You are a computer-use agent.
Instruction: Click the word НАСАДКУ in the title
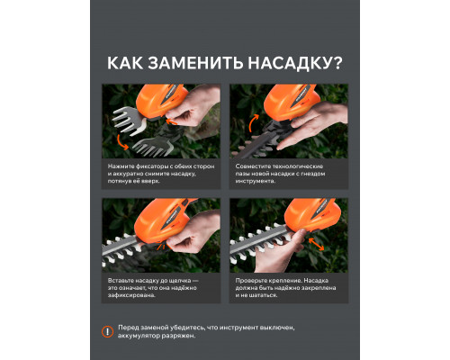294,65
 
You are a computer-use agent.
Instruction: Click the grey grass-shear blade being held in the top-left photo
128,117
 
